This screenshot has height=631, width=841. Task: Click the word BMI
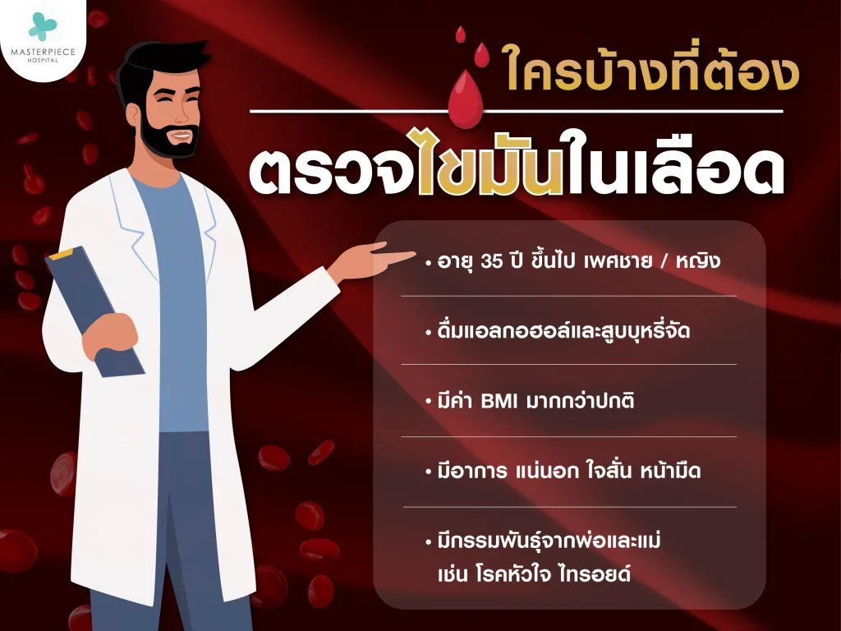click(x=505, y=403)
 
